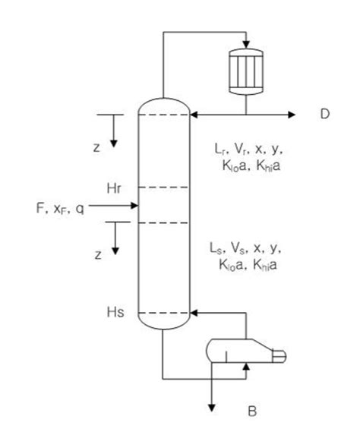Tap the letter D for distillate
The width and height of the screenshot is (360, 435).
click(x=325, y=115)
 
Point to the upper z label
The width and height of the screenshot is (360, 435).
click(x=96, y=147)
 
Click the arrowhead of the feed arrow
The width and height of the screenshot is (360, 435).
click(x=133, y=205)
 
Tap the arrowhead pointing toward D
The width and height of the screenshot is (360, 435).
click(x=292, y=115)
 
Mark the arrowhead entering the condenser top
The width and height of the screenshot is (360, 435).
click(x=245, y=43)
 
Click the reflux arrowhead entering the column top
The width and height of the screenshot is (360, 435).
click(x=194, y=115)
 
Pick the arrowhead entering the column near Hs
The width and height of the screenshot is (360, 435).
click(x=194, y=311)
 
